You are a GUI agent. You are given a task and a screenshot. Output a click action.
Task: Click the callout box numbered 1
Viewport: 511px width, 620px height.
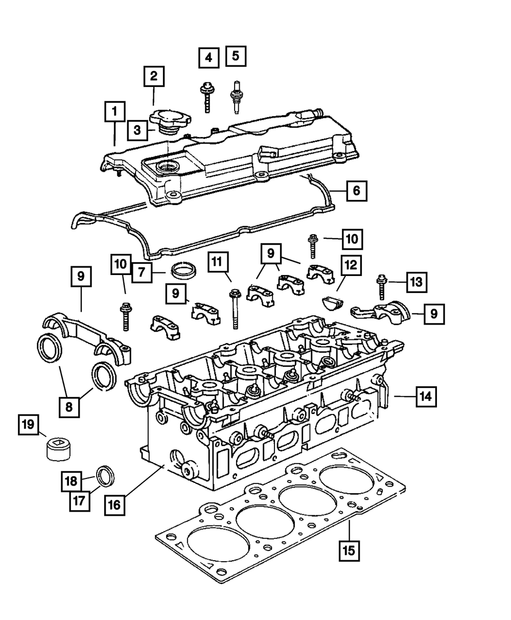(115, 110)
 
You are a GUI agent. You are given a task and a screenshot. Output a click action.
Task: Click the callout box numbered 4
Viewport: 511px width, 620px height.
(208, 58)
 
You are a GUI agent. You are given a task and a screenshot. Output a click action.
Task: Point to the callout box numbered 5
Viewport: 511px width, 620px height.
(236, 56)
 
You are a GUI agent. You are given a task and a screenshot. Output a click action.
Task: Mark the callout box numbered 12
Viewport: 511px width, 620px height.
(352, 265)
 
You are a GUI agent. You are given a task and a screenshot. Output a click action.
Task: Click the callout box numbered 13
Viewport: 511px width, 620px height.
(417, 281)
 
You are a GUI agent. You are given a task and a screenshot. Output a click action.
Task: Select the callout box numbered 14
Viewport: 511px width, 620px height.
(426, 396)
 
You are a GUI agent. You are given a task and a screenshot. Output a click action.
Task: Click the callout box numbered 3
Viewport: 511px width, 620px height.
(136, 130)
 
